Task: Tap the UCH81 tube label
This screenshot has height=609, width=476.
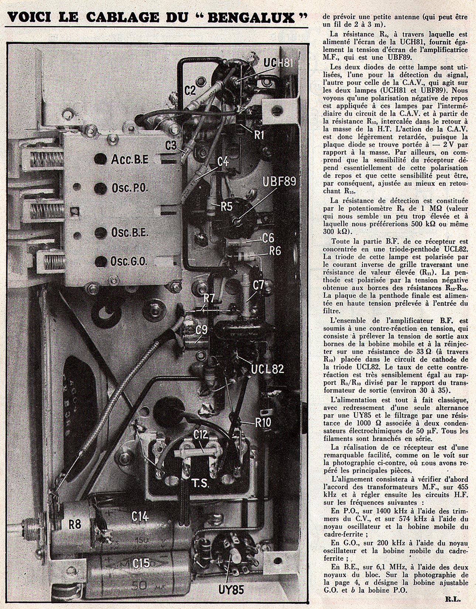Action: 279,63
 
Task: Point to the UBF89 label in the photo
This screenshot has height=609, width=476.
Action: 280,182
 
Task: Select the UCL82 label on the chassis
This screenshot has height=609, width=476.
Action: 267,369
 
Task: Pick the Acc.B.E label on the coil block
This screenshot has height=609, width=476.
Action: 130,159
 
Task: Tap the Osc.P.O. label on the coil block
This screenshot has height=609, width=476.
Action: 130,188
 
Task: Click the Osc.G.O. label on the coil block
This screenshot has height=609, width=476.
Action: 129,261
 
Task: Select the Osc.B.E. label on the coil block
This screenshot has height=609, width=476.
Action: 130,233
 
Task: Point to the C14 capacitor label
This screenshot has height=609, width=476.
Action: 140,517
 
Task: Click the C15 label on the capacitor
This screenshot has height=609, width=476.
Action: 141,563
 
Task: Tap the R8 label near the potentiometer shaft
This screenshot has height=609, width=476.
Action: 75,524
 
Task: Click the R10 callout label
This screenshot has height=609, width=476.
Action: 263,423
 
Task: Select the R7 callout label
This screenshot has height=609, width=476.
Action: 209,298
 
